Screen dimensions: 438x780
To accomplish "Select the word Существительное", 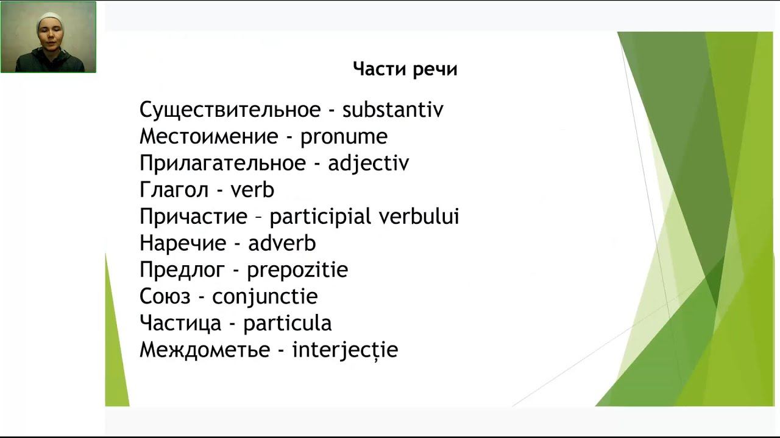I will tap(230, 110).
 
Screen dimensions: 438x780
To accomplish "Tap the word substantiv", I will tap(393, 110).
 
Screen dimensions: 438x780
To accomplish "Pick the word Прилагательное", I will tap(222, 164).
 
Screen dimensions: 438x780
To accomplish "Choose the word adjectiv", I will tap(368, 164).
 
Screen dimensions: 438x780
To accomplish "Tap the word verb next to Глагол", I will tap(252, 190).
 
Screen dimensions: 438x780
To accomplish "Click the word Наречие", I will tap(183, 243).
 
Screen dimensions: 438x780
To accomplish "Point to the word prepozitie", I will tap(297, 270).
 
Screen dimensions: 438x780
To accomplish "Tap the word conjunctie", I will tap(265, 297).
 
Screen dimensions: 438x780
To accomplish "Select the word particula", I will tap(287, 323).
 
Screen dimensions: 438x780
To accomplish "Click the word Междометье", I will tap(205, 350).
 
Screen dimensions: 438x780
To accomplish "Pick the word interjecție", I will tap(345, 350).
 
